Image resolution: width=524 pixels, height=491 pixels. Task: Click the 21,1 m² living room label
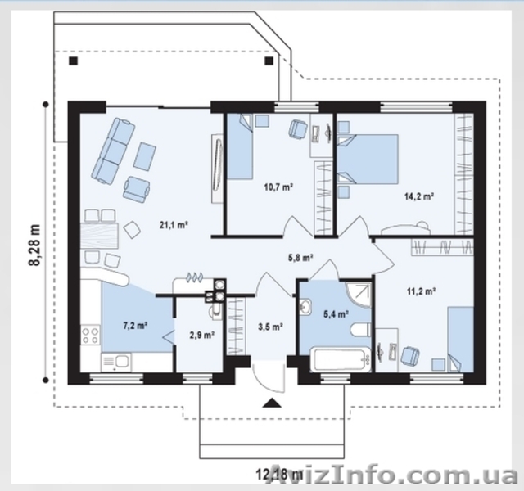pyautogui.click(x=173, y=225)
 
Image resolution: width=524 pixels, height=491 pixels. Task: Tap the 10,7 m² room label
pyautogui.click(x=278, y=187)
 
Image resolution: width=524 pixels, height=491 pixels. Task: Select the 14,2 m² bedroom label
pyautogui.click(x=419, y=196)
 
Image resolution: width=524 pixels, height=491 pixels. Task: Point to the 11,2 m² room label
pyautogui.click(x=420, y=291)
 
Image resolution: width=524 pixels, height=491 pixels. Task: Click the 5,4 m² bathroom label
pyautogui.click(x=336, y=313)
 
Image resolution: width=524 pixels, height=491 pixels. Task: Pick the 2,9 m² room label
pyautogui.click(x=202, y=335)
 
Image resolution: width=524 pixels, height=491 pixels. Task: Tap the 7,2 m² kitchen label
pyautogui.click(x=135, y=326)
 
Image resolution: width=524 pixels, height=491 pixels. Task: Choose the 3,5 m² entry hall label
pyautogui.click(x=271, y=327)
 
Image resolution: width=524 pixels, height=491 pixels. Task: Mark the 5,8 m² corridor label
pyautogui.click(x=300, y=257)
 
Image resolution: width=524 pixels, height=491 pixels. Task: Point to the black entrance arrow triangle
pyautogui.click(x=272, y=403)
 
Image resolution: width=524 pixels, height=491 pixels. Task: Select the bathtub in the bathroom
pyautogui.click(x=341, y=359)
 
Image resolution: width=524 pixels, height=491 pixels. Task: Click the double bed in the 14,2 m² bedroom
pyautogui.click(x=368, y=160)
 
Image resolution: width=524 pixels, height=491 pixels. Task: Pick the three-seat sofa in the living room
pyautogui.click(x=114, y=151)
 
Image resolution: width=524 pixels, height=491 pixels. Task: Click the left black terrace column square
pyautogui.click(x=73, y=61)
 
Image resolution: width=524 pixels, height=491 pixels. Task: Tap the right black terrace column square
pyautogui.click(x=269, y=61)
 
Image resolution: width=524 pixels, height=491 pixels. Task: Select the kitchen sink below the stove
pyautogui.click(x=116, y=362)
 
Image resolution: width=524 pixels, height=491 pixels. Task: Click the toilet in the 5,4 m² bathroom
pyautogui.click(x=360, y=330)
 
